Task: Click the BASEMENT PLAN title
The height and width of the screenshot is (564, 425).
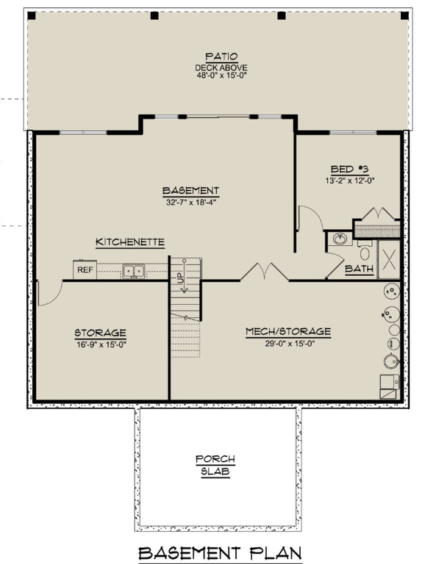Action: coord(220,552)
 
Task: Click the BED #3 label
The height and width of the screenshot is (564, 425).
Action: coord(349,168)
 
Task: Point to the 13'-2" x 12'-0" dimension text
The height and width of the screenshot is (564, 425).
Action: coord(349,181)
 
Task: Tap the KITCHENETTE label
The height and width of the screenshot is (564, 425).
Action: coord(129,242)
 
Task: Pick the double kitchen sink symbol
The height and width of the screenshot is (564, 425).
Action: coord(134,271)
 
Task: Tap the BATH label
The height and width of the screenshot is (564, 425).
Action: coord(360,270)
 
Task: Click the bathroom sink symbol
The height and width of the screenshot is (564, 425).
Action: coord(340,239)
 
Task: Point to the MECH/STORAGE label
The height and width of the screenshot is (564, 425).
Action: coord(287,331)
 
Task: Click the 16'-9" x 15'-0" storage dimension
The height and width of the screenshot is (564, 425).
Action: coord(100,344)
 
